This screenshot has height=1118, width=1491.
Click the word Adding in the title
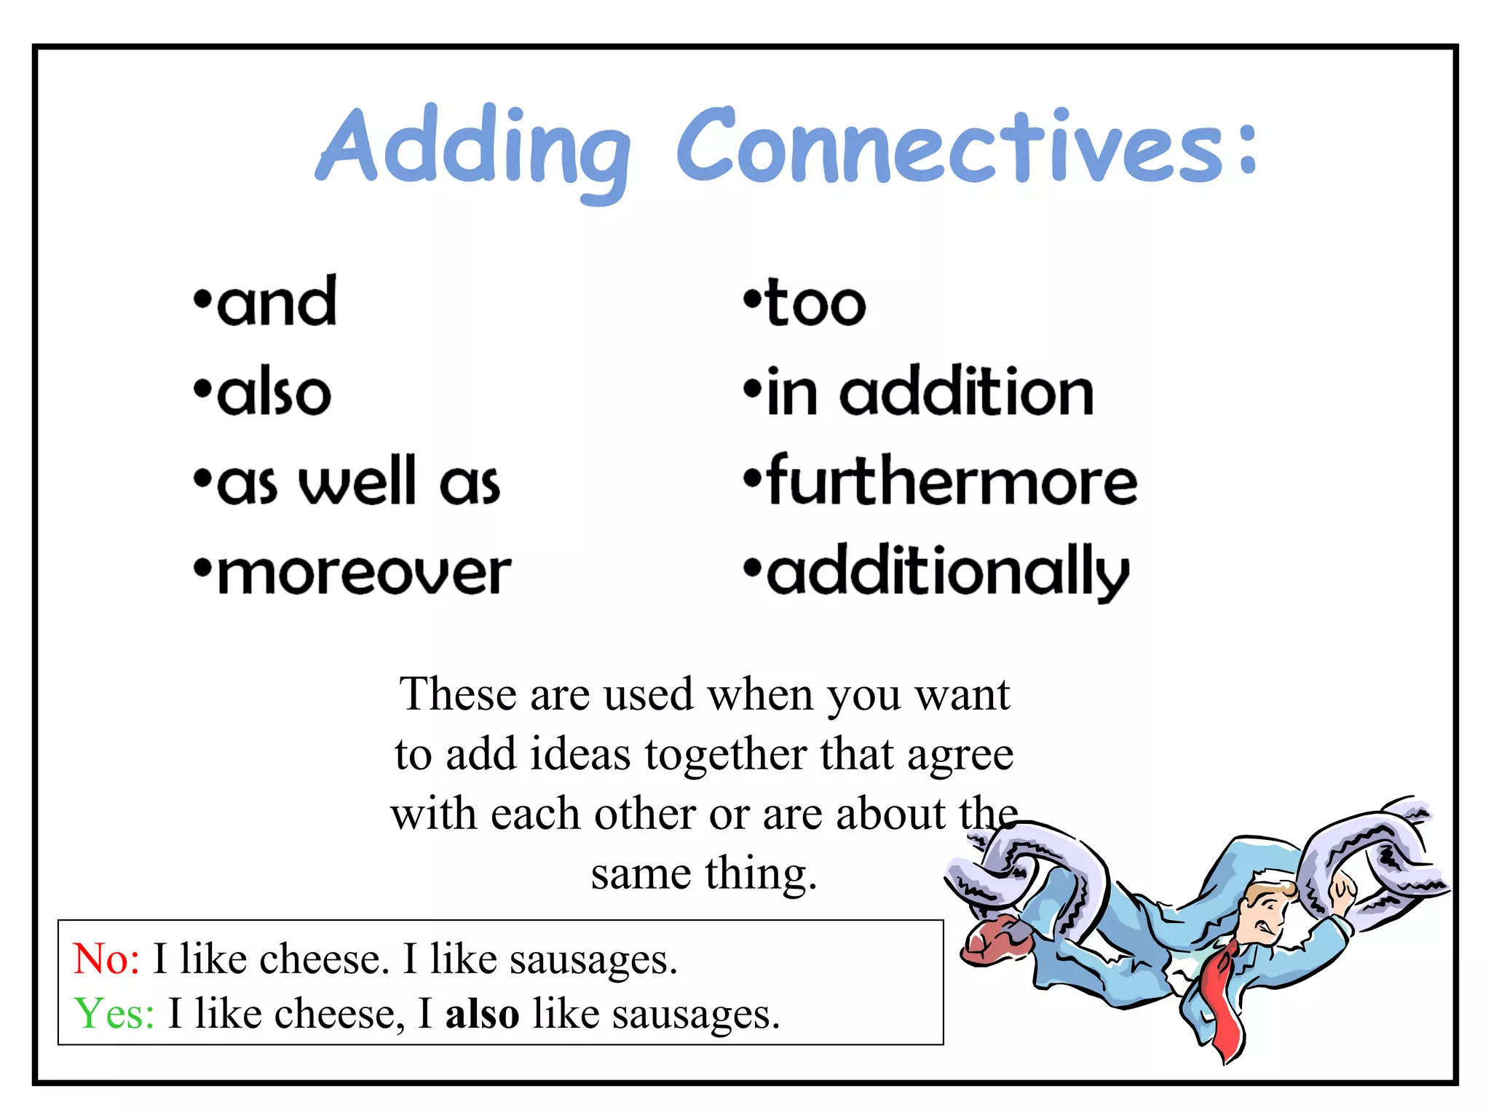coord(473,149)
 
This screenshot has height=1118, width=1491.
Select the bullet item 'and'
coord(277,304)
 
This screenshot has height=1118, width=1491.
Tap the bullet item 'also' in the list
coord(274,394)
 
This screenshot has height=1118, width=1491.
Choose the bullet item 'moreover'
coord(364,574)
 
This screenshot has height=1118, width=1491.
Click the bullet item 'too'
coord(815,304)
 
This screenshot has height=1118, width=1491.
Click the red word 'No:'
coord(106,959)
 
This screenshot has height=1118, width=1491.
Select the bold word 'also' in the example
coord(482,1014)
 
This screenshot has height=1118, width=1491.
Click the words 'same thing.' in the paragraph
coord(703,874)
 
